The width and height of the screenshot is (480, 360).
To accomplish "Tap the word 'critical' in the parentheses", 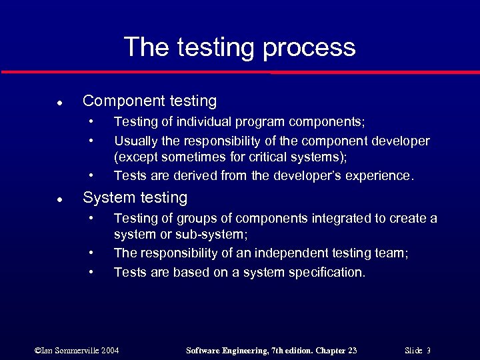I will pyautogui.click(x=265, y=157).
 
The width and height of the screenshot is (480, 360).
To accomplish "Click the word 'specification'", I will pyautogui.click(x=326, y=272).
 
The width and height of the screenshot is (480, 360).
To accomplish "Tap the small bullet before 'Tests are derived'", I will pyautogui.click(x=92, y=176).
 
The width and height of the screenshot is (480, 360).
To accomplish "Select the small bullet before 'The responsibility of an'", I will pyautogui.click(x=92, y=253).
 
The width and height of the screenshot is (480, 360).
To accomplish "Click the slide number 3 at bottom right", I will pyautogui.click(x=429, y=351).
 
